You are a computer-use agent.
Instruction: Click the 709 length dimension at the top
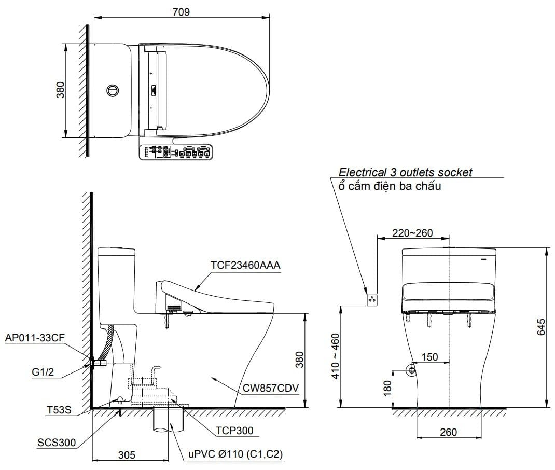(x=181, y=12)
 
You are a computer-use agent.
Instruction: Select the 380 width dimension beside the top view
(x=61, y=90)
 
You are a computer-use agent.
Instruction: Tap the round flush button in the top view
(x=112, y=90)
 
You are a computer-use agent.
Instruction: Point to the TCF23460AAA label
(x=245, y=266)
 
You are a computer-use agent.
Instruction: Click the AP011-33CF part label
(x=34, y=338)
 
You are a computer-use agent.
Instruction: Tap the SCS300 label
(x=56, y=443)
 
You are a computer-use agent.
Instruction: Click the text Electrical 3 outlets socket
(x=405, y=172)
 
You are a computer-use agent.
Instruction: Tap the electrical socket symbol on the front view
(x=372, y=299)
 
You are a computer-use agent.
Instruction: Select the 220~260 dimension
(x=412, y=233)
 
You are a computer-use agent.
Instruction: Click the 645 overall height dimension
(x=542, y=328)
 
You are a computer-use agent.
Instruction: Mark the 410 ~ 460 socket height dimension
(x=336, y=356)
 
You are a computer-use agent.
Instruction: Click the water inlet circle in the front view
(x=411, y=370)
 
